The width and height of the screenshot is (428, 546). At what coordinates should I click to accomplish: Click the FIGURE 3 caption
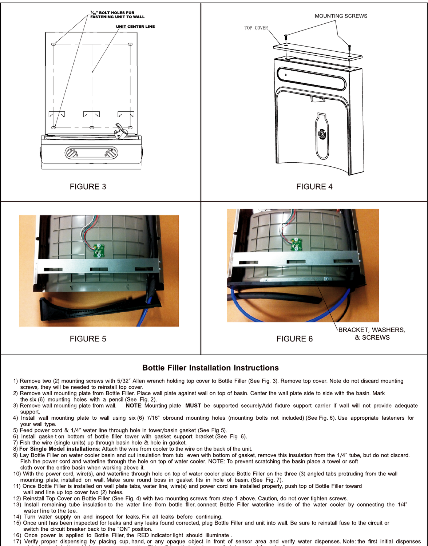[x=88, y=187]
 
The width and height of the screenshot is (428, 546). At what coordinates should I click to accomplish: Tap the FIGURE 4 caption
[x=314, y=187]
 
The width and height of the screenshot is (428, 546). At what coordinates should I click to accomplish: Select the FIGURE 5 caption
[x=88, y=339]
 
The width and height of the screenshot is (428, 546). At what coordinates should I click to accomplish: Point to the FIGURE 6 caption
[x=294, y=339]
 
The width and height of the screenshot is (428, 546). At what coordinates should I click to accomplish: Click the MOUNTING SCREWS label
[x=341, y=16]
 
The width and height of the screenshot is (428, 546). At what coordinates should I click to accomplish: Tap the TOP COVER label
[x=256, y=28]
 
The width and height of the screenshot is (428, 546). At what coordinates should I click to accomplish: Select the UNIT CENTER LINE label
[x=135, y=27]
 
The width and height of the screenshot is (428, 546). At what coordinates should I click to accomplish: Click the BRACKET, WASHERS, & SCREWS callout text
[x=372, y=333]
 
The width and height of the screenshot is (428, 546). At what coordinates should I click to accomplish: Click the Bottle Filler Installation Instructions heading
[x=210, y=368]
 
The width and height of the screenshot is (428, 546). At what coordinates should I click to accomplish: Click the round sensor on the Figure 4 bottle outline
[x=322, y=134]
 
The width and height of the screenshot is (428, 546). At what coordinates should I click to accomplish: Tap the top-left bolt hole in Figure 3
[x=54, y=44]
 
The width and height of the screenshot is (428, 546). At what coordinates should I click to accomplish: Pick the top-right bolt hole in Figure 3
[x=130, y=44]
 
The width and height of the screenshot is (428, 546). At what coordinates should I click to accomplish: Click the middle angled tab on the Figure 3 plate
[x=92, y=114]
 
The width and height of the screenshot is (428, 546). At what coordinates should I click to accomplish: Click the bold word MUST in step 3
[x=193, y=405]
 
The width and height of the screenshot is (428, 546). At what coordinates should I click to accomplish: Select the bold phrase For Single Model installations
[x=59, y=449]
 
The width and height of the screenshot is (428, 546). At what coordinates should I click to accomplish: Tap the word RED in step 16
[x=143, y=535]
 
